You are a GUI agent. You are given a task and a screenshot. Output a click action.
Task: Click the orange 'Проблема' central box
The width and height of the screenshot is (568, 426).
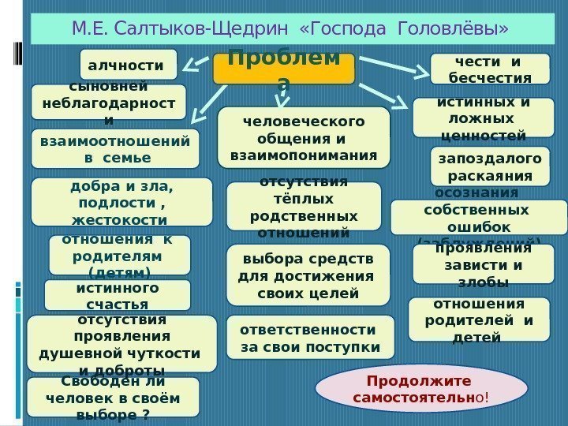[x=284, y=69]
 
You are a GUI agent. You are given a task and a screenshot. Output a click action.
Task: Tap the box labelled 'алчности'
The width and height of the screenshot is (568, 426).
[x=129, y=65]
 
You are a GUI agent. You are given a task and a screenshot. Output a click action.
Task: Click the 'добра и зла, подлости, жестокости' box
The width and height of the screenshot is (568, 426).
[x=121, y=201]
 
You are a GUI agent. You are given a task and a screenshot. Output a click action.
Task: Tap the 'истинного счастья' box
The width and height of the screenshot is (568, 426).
[x=118, y=295]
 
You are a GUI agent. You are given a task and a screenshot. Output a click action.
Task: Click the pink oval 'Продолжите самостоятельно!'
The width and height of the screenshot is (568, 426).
[x=421, y=388]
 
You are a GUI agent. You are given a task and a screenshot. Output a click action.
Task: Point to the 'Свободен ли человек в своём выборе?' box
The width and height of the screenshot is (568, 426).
[x=113, y=397]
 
